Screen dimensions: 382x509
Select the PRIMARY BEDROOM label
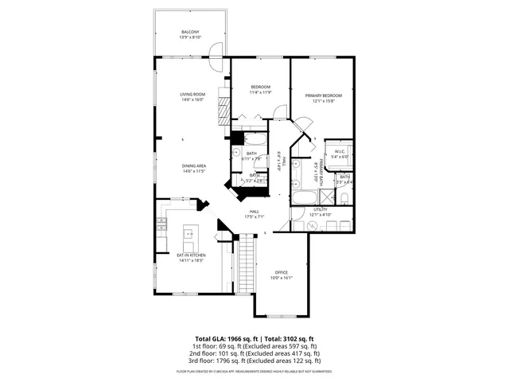tap(321, 95)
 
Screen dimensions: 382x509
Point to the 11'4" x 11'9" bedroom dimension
tap(261, 92)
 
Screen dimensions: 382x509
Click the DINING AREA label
tap(194, 166)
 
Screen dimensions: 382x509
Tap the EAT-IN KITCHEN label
tap(192, 255)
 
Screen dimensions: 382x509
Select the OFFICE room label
tap(282, 272)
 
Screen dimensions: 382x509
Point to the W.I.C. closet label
tap(339, 151)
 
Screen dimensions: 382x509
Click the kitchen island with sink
tap(189, 232)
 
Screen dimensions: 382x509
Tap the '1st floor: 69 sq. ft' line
tap(254, 346)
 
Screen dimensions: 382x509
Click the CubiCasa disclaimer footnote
tap(254, 371)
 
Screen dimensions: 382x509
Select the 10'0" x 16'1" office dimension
tap(282, 278)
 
